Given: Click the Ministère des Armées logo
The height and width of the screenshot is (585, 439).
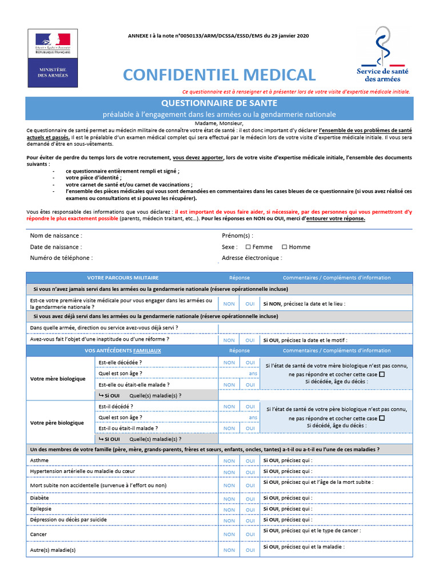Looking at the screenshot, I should click(x=53, y=58).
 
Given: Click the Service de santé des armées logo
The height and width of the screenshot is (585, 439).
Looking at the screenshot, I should click(x=382, y=55).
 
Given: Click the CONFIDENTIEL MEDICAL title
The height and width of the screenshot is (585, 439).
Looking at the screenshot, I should click(x=219, y=75).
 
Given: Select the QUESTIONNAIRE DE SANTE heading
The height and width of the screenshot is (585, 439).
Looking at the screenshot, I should click(x=219, y=103).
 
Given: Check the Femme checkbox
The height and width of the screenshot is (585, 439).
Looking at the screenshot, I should click(x=248, y=247).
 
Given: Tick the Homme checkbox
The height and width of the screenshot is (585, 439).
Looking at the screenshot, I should click(x=285, y=247).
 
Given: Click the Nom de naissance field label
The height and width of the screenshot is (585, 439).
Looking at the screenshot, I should click(x=56, y=235).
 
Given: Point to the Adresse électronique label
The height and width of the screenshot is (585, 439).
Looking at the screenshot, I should click(x=252, y=258).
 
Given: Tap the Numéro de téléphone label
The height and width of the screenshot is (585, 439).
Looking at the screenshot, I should click(x=61, y=258).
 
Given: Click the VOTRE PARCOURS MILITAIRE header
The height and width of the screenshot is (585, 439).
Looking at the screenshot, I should click(x=123, y=278).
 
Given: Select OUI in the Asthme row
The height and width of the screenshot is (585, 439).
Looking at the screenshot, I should click(x=250, y=461).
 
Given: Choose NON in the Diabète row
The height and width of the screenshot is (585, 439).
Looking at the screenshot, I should click(x=229, y=499).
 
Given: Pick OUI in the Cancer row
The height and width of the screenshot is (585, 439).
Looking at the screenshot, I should click(x=250, y=535).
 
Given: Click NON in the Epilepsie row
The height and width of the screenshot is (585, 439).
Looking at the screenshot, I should click(x=229, y=510).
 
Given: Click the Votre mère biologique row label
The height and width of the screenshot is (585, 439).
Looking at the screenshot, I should click(x=58, y=379).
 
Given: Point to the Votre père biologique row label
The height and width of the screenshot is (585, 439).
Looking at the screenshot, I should click(x=57, y=423).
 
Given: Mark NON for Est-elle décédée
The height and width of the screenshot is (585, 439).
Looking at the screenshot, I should click(x=229, y=363).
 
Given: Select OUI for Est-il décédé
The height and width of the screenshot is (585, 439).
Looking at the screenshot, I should click(x=250, y=407).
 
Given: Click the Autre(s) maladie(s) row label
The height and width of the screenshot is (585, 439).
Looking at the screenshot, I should click(x=53, y=550).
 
